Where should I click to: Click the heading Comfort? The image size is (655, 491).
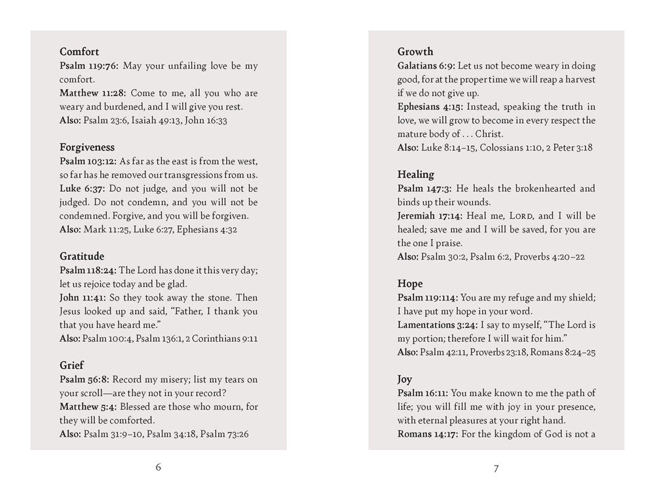tap(79, 52)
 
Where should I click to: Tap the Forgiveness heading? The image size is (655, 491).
tap(87, 147)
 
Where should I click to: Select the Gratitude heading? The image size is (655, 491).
tap(82, 257)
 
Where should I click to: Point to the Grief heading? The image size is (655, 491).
tap(72, 365)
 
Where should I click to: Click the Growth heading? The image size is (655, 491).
tap(415, 52)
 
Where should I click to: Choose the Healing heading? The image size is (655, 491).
tap(416, 174)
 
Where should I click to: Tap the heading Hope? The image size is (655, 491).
tap(410, 283)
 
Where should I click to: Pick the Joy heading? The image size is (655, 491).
tap(405, 379)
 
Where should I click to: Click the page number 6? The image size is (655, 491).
tap(159, 467)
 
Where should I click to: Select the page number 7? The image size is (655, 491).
tap(496, 468)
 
